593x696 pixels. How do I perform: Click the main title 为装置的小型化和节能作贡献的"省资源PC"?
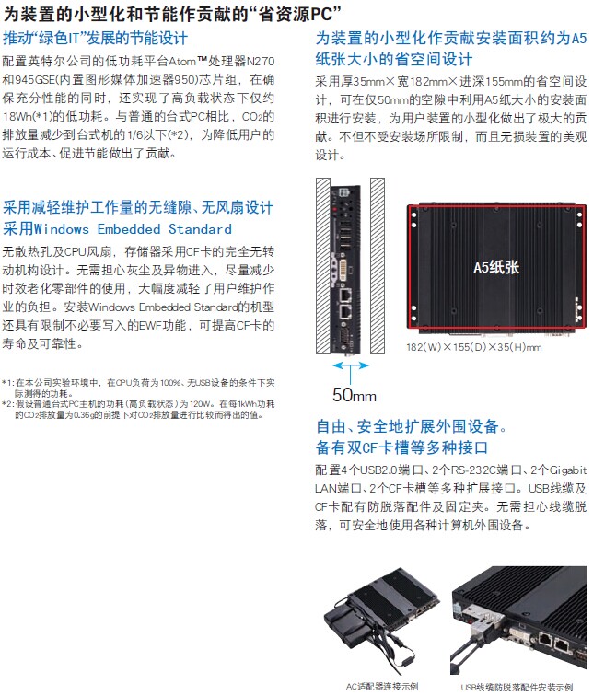(172, 14)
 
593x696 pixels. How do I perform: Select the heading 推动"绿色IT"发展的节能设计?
(95, 38)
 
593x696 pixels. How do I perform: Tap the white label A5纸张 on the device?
(496, 267)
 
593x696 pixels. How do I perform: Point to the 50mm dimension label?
(355, 395)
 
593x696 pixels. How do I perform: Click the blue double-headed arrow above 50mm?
(351, 365)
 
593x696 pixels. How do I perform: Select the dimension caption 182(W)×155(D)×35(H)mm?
(474, 347)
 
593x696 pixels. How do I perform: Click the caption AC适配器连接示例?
(382, 686)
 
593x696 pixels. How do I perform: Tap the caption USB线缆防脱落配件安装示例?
(517, 687)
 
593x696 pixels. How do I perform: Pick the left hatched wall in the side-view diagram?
(322, 265)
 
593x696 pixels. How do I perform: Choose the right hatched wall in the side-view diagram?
(378, 265)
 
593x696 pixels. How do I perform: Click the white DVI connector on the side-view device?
(344, 269)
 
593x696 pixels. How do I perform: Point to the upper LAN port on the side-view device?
(345, 295)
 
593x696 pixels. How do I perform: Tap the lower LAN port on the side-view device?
(345, 312)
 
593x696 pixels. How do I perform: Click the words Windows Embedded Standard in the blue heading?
(133, 229)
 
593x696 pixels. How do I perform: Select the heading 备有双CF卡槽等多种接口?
(401, 447)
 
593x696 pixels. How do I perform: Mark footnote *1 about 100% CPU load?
(138, 388)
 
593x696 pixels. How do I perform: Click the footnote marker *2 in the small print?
(7, 404)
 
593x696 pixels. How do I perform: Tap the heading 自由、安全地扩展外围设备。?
(411, 426)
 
